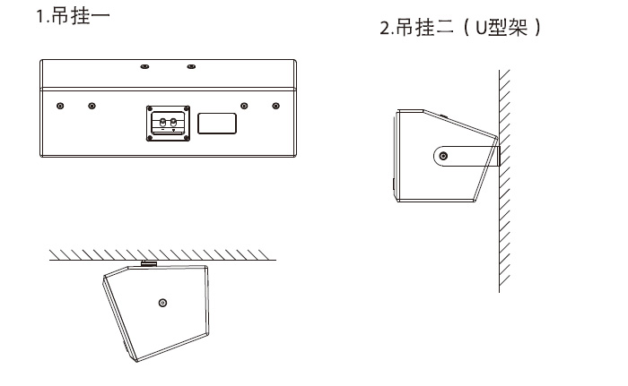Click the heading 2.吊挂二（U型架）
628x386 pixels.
[x=462, y=29]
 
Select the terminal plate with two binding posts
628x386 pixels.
[x=169, y=123]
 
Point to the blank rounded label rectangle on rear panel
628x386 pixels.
[x=217, y=124]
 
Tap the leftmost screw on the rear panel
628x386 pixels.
[x=59, y=106]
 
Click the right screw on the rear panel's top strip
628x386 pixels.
[x=190, y=67]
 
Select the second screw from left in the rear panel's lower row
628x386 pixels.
[x=91, y=106]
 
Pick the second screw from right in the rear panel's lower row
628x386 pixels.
[x=243, y=106]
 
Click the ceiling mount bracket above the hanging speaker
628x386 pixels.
[x=148, y=263]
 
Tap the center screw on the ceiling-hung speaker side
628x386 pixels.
[x=161, y=303]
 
